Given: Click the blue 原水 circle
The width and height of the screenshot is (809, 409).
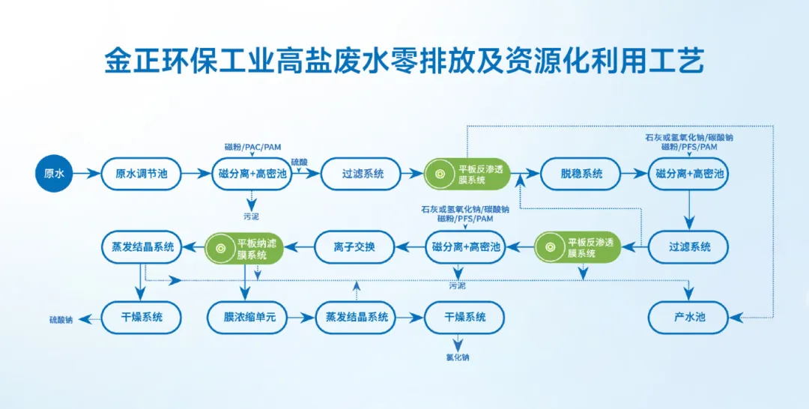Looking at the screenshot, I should [55, 174].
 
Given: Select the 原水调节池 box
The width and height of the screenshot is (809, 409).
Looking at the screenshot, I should [142, 174].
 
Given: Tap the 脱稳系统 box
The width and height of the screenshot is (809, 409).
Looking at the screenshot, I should [581, 174].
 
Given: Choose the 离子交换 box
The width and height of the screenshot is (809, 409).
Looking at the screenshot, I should [354, 246].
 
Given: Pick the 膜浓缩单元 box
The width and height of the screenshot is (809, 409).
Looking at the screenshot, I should [245, 317].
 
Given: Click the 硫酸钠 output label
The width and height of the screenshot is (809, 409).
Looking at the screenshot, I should [61, 320].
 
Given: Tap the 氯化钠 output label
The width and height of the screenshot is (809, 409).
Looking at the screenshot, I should [458, 357].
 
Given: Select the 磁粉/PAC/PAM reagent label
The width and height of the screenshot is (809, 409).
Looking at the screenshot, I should [252, 146].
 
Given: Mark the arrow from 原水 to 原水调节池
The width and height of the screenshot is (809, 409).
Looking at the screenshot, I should [87, 174].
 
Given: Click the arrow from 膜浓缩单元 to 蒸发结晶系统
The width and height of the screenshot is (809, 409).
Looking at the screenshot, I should [300, 317].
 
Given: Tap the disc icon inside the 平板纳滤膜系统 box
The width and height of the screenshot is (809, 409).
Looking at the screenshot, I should [220, 246].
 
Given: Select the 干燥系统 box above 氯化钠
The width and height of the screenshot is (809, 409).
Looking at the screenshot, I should [464, 317].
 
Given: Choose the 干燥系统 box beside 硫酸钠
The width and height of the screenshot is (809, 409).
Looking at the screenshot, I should [142, 317].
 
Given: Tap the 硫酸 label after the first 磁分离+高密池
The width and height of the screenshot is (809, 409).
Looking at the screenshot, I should [299, 162].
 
